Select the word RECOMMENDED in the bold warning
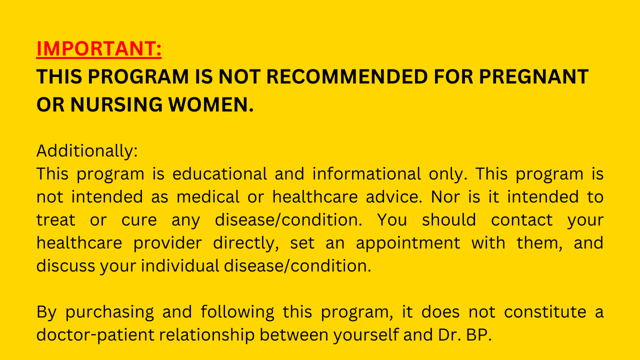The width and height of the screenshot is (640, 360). (347, 76)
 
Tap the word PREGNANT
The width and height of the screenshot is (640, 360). (533, 76)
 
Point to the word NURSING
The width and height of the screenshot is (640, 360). (116, 104)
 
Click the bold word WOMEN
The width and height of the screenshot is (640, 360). (211, 104)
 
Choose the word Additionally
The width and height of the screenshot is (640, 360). (87, 151)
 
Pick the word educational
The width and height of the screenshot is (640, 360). (219, 173)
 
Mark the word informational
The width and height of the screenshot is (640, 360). (366, 173)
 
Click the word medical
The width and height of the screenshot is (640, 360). (208, 197)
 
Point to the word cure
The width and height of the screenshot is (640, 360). (139, 220)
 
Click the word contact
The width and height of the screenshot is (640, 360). (521, 220)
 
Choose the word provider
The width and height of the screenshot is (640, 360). (167, 243)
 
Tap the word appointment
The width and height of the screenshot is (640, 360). (408, 243)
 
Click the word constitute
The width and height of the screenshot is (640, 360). (545, 311)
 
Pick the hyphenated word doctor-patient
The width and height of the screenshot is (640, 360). (95, 335)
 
